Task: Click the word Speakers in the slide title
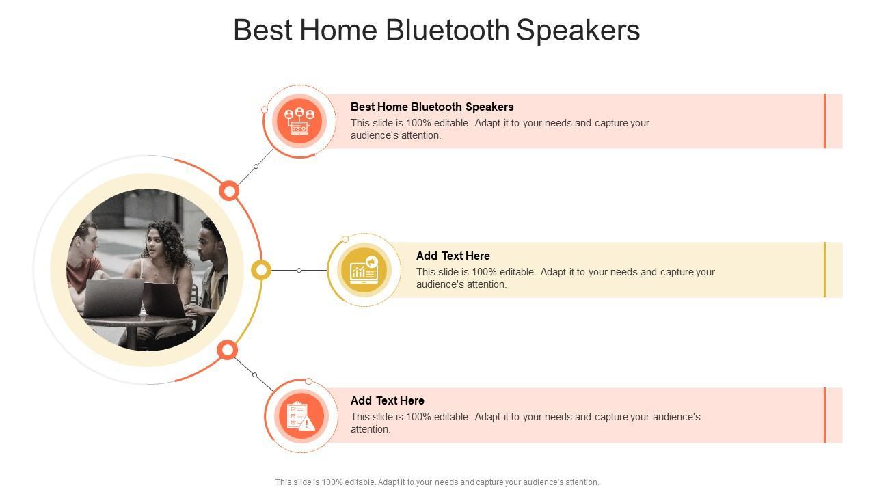(x=578, y=31)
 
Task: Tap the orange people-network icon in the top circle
(x=299, y=121)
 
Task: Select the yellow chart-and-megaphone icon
(x=364, y=270)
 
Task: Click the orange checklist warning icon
(x=300, y=416)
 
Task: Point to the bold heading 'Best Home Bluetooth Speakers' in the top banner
(x=432, y=107)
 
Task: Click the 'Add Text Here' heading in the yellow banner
(x=453, y=256)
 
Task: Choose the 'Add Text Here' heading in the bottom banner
(x=387, y=400)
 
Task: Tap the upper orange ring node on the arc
(x=229, y=191)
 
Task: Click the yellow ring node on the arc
(x=261, y=270)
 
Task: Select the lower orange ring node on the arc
(x=228, y=350)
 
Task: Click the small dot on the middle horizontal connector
(x=299, y=270)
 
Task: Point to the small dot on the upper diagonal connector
(x=256, y=166)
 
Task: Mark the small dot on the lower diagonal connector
(x=255, y=375)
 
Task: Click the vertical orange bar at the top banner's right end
(x=824, y=121)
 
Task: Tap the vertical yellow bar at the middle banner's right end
(x=824, y=270)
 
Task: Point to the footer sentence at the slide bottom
(x=437, y=482)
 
